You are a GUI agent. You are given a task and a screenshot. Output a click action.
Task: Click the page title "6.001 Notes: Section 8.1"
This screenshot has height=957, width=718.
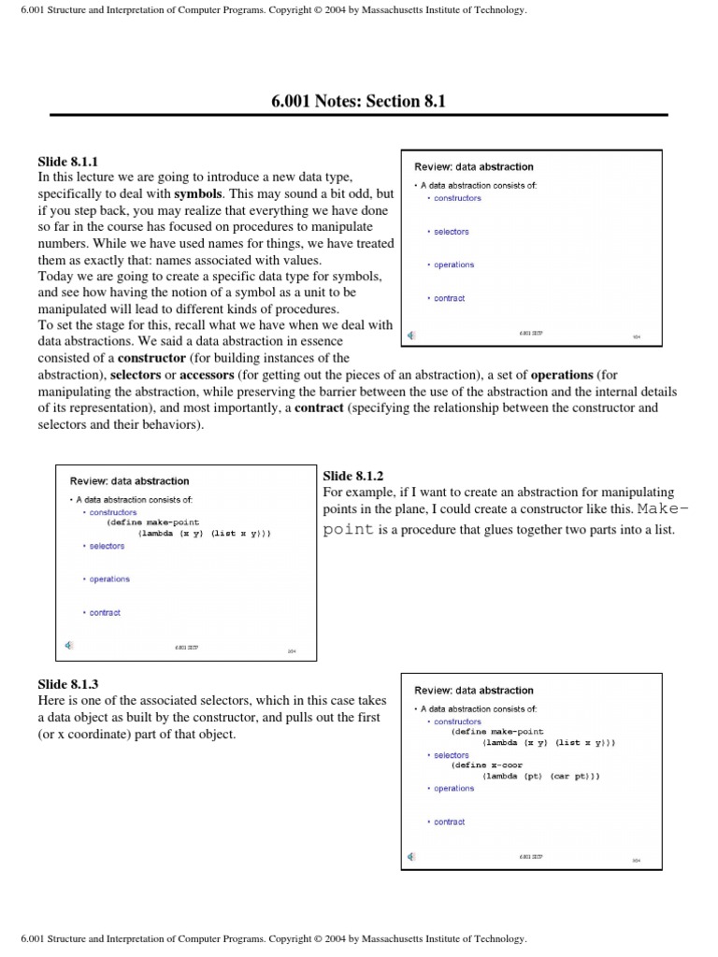[x=358, y=101]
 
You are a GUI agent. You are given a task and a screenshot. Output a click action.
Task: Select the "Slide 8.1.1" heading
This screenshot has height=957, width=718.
[x=67, y=161]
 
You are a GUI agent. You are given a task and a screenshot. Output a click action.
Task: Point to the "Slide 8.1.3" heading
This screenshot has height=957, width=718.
[x=67, y=684]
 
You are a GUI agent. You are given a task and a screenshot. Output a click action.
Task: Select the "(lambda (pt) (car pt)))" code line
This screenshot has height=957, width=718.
[x=540, y=776]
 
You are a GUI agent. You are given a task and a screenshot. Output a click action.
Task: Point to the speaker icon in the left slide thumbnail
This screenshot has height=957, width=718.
[x=68, y=646]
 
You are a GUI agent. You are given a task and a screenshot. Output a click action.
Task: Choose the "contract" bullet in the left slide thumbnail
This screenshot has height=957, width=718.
[x=105, y=613]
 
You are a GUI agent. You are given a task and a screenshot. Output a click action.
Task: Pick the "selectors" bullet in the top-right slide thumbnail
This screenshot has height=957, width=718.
[x=452, y=232]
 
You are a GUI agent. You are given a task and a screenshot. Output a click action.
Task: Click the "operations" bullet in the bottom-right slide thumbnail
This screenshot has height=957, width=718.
[x=453, y=788]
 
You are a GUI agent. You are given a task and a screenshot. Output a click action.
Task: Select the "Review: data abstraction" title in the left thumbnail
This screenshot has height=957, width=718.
[x=129, y=481]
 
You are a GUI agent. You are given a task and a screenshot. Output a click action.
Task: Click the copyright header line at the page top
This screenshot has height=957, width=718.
[x=266, y=10]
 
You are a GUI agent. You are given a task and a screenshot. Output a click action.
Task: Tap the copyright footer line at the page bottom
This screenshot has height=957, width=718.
[x=266, y=937]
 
